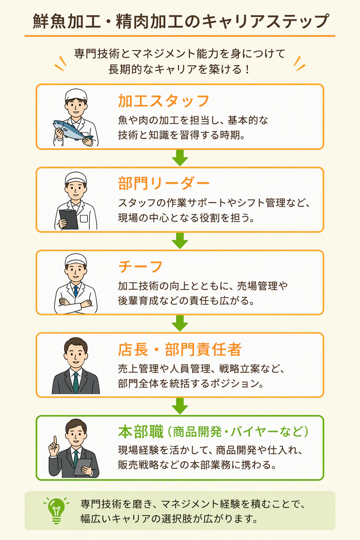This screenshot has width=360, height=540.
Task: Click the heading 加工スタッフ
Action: (x=163, y=101)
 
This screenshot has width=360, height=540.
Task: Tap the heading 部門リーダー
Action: (x=163, y=184)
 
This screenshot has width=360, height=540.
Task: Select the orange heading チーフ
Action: (x=140, y=266)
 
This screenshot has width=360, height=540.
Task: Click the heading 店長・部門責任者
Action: (x=180, y=349)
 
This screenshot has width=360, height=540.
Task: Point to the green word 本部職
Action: (x=141, y=432)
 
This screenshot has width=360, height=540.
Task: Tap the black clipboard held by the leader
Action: (x=69, y=219)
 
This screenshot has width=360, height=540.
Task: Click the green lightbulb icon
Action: (x=56, y=510)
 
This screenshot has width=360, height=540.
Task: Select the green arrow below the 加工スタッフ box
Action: (x=180, y=157)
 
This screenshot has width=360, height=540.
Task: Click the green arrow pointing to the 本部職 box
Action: (x=180, y=406)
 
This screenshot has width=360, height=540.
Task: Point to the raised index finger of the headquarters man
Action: (x=56, y=441)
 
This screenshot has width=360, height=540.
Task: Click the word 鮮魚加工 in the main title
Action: (x=66, y=21)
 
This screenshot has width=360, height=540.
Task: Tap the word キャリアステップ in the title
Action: (x=264, y=21)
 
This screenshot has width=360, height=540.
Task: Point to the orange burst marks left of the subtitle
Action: (x=60, y=64)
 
